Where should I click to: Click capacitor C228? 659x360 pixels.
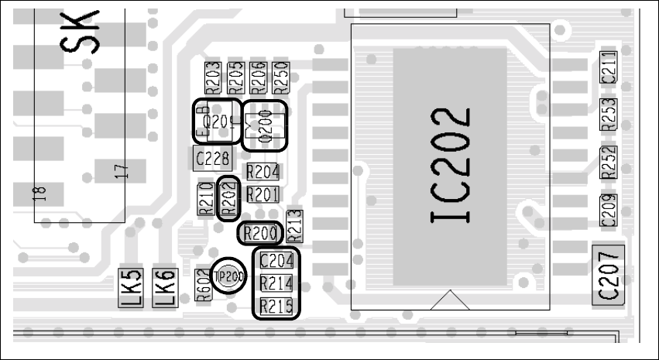pos(211,159)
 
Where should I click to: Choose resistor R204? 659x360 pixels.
pos(263,172)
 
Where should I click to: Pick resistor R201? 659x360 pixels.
pos(263,194)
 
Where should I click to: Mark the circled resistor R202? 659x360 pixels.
pos(228,198)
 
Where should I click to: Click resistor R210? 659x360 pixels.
pos(206,198)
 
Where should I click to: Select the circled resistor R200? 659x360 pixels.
pos(258,232)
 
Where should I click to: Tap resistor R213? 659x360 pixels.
pos(293,225)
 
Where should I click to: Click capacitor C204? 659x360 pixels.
pos(276,261)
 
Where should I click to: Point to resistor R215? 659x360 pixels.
pos(276,307)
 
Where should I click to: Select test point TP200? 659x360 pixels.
pos(229,275)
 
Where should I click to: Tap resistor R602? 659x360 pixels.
pos(203,283)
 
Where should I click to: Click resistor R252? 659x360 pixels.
pos(609,162)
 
